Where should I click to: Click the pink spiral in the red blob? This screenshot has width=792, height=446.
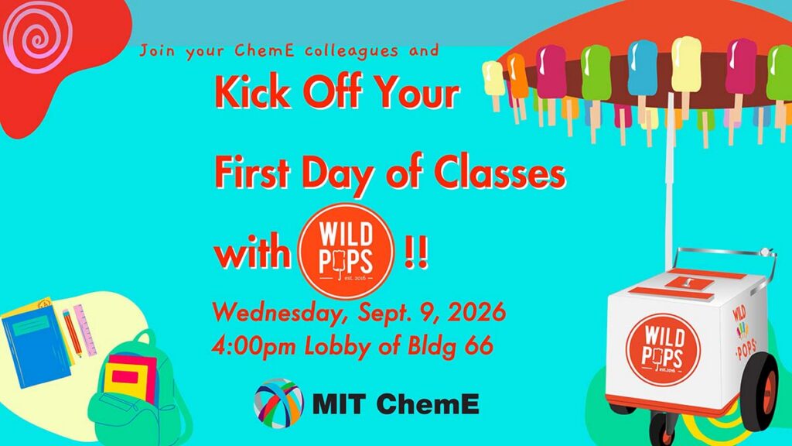tap(37, 36)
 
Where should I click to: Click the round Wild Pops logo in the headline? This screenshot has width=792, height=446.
tap(346, 250)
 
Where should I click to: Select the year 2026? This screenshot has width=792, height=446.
tap(476, 311)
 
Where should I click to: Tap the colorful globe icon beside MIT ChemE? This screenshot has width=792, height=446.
tap(278, 403)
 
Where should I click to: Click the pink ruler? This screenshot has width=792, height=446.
tap(85, 330)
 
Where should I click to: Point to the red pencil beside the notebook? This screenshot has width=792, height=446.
tap(72, 333)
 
